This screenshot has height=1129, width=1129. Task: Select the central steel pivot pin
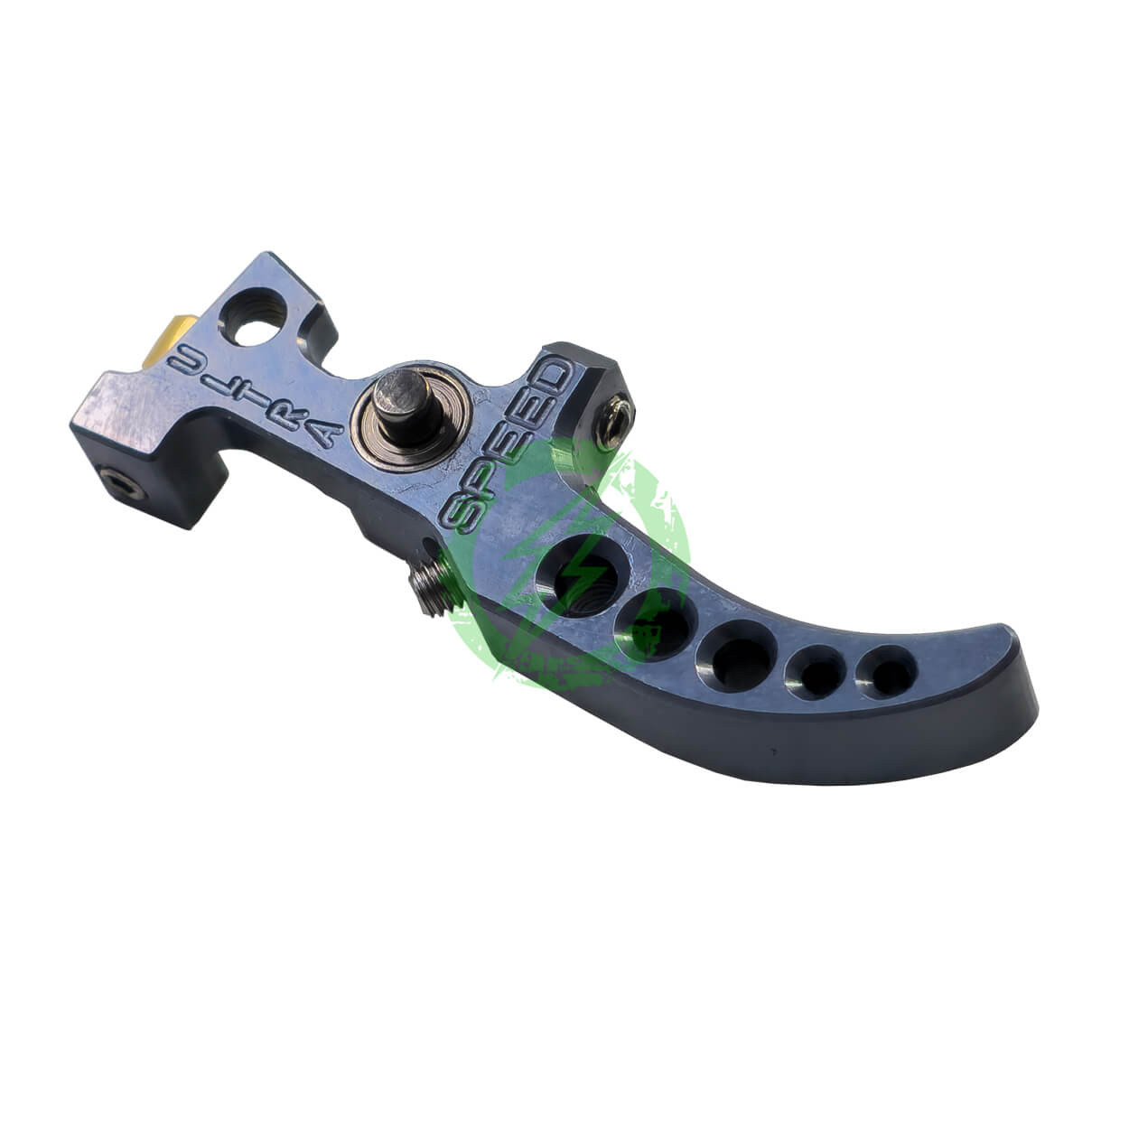(405, 415)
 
